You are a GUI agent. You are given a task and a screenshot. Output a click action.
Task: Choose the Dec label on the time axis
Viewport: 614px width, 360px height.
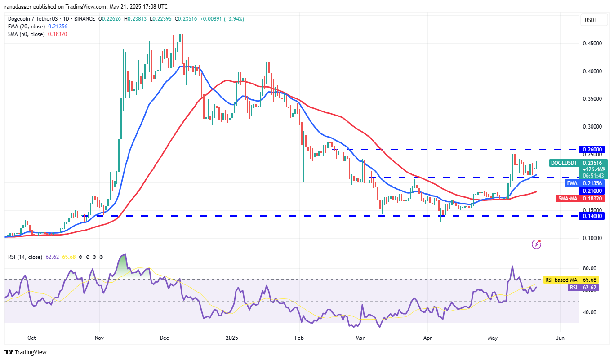(164, 338)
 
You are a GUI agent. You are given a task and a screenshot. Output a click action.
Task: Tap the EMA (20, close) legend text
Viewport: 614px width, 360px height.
(26, 27)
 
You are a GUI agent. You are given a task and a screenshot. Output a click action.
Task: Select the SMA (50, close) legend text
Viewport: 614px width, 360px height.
(26, 34)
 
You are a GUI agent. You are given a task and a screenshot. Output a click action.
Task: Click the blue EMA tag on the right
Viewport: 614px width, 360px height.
(572, 183)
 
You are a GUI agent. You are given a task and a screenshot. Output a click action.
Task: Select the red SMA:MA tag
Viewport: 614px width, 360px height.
(569, 198)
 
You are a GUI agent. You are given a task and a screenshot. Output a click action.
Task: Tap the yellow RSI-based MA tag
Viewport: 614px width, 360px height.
(561, 280)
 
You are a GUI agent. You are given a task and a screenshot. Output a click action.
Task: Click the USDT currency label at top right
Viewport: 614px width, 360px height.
(590, 20)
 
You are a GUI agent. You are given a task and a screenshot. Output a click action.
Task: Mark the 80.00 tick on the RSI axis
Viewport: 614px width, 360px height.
(590, 268)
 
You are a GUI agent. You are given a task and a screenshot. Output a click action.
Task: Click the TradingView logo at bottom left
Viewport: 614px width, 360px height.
(26, 352)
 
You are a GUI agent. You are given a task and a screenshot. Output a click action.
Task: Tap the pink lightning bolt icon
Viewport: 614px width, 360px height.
(536, 244)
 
